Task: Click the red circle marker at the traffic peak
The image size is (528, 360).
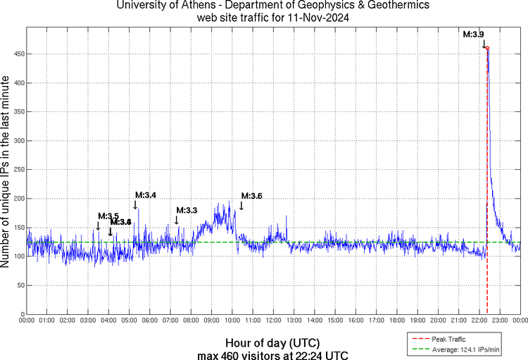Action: click(487, 49)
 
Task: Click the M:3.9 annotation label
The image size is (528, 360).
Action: click(473, 34)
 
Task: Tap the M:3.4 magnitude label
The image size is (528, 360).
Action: click(146, 195)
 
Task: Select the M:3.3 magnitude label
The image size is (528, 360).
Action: click(187, 210)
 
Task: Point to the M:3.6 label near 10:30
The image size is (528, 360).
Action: click(251, 196)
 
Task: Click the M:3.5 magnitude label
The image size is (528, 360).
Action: click(108, 216)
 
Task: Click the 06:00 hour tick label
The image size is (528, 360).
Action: click(150, 321)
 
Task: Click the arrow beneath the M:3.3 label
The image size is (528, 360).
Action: click(177, 221)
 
